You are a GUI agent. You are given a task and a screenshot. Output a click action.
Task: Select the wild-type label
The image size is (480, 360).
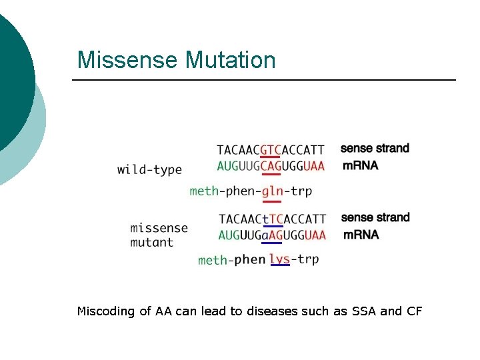click(149, 169)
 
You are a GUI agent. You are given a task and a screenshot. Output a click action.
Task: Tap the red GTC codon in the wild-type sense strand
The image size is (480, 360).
click(271, 150)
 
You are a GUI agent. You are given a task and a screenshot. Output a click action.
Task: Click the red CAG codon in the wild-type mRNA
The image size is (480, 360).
click(271, 166)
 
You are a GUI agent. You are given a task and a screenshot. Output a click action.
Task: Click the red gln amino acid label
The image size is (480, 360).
click(271, 191)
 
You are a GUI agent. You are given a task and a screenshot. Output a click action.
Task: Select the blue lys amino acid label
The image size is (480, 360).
click(280, 259)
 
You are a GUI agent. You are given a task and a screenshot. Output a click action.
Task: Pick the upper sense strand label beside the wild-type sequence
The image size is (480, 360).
click(375, 148)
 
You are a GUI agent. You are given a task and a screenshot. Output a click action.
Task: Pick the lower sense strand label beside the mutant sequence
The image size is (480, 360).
click(375, 217)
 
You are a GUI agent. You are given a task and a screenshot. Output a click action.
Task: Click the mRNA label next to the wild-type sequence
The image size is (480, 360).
click(360, 165)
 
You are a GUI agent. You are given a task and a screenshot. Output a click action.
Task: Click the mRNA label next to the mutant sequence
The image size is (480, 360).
click(361, 235)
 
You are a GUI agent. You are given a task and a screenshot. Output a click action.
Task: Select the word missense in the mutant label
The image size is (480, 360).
click(159, 228)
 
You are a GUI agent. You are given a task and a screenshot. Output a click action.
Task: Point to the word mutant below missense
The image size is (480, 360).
click(152, 243)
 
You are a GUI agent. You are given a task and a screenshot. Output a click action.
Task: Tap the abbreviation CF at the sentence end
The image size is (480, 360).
click(413, 311)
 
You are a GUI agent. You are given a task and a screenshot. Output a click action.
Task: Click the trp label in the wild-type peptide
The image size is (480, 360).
click(301, 191)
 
